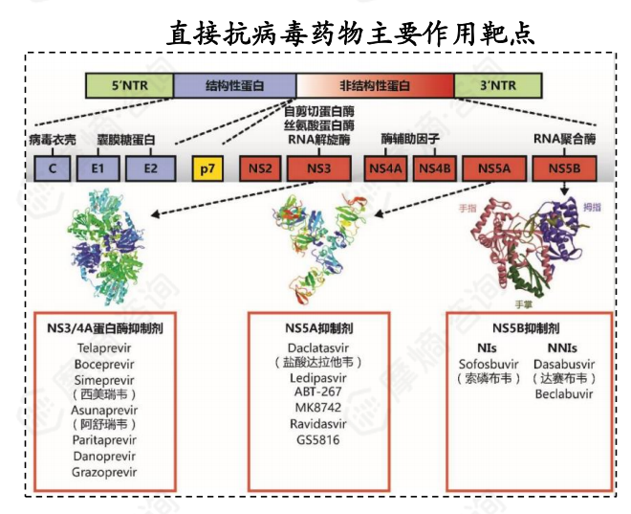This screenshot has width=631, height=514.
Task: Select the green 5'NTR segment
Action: point(130,85)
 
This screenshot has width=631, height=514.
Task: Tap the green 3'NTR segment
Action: point(496,85)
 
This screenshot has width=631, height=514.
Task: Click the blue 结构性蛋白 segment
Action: point(234,85)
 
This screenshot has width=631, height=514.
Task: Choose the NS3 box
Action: point(319,169)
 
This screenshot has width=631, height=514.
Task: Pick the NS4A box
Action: point(386,169)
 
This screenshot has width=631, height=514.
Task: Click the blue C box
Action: point(51,169)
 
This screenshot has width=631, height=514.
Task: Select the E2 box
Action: point(150,169)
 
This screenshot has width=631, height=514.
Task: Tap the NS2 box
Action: point(259,169)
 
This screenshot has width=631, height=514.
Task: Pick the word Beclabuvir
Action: point(562,393)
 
